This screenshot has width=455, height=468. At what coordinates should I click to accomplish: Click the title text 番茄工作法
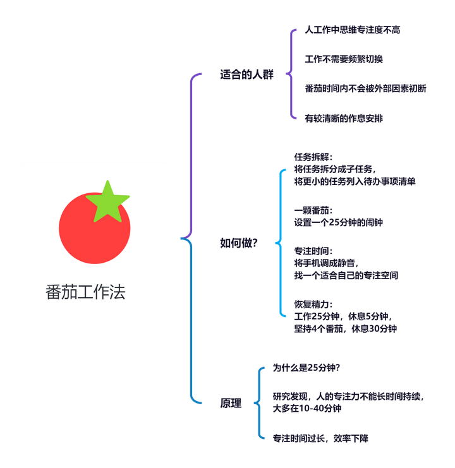(85, 292)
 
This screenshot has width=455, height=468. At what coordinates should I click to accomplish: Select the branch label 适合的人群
(246, 75)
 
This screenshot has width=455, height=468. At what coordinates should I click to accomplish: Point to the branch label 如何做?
(238, 243)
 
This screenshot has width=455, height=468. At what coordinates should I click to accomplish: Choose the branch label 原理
(231, 403)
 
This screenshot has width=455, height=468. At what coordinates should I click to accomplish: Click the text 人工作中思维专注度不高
(353, 30)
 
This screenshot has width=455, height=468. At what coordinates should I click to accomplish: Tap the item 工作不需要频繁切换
(344, 59)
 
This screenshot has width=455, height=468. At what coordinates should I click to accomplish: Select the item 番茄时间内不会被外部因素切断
(365, 88)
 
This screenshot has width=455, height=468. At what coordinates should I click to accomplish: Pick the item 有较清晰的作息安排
(344, 118)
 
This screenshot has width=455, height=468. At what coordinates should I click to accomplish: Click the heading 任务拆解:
(313, 157)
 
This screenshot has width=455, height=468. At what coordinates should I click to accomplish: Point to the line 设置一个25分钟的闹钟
(339, 222)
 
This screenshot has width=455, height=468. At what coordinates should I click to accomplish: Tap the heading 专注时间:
(313, 251)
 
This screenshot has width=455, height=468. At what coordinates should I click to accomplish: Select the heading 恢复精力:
(313, 304)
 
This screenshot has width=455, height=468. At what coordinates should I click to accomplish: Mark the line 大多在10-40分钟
(307, 409)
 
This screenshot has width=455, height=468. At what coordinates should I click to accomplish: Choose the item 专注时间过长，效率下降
(320, 438)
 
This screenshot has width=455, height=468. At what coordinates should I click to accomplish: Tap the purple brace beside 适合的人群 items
(291, 74)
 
